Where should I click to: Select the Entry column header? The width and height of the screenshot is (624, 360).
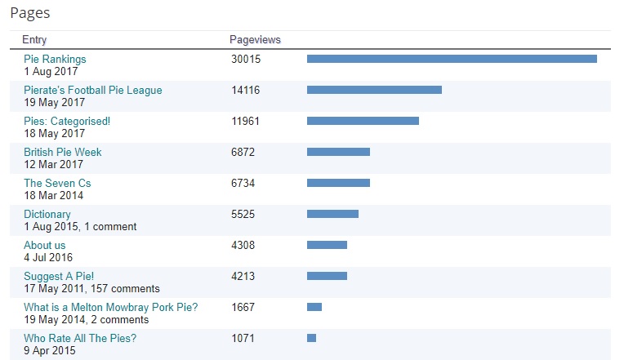point(34,39)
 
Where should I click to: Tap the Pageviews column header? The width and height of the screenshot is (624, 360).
point(256,39)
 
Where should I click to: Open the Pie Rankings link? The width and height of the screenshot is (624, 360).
point(55,59)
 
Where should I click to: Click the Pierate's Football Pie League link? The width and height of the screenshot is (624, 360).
point(93,90)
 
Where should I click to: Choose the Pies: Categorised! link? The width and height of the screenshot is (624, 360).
point(67,121)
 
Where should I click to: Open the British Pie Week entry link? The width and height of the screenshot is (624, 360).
point(63,152)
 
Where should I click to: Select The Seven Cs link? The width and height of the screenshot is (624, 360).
point(57,183)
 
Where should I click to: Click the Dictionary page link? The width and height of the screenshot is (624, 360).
point(47,214)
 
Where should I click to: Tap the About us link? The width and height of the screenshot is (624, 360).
point(45,245)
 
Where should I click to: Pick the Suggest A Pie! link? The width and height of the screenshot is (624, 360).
point(65,276)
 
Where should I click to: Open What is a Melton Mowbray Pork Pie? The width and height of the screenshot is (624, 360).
point(111,307)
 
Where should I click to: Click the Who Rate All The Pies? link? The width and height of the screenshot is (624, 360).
point(80,338)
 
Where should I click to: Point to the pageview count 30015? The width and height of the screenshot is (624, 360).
point(246,59)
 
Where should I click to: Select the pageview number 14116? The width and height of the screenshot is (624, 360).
point(246,90)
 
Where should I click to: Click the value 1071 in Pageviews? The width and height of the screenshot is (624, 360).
point(243,338)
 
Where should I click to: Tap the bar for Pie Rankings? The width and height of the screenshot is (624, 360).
point(452,59)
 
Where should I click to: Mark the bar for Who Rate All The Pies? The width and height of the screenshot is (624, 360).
point(311,338)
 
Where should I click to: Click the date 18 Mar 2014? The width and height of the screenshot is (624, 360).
point(54,195)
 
